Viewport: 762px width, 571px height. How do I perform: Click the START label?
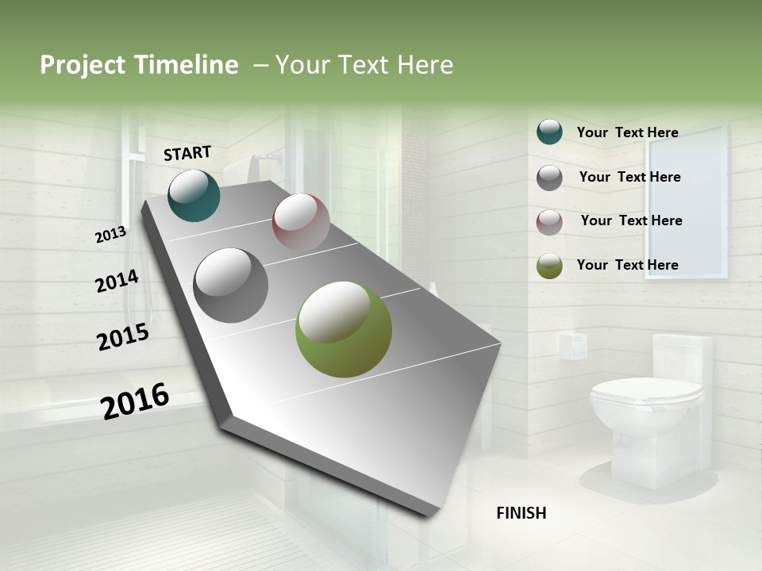coord(187,153)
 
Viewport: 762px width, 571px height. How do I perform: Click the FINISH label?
coord(521,513)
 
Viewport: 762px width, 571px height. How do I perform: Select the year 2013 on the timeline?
coord(110,235)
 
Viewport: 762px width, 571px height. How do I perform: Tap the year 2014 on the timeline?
coord(117,281)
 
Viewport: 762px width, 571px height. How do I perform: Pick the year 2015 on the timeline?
coord(123,337)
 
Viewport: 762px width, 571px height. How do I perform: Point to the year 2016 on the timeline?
coord(135,400)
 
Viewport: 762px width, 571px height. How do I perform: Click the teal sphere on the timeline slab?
coord(194,195)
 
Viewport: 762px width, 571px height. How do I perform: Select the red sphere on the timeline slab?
coord(301,222)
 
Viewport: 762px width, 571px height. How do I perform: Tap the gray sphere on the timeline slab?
coord(230,285)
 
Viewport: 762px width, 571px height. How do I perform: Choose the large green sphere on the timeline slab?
coord(343,329)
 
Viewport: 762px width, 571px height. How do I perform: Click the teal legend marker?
coord(549,132)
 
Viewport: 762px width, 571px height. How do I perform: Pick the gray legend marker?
coord(549,178)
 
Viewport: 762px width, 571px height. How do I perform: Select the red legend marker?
coord(549,222)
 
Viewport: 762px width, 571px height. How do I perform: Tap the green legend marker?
coord(549,266)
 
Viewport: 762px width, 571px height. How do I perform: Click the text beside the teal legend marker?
coord(627,132)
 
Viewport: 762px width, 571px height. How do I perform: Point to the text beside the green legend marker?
coord(627,265)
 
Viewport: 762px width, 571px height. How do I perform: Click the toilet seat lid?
coord(647,391)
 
